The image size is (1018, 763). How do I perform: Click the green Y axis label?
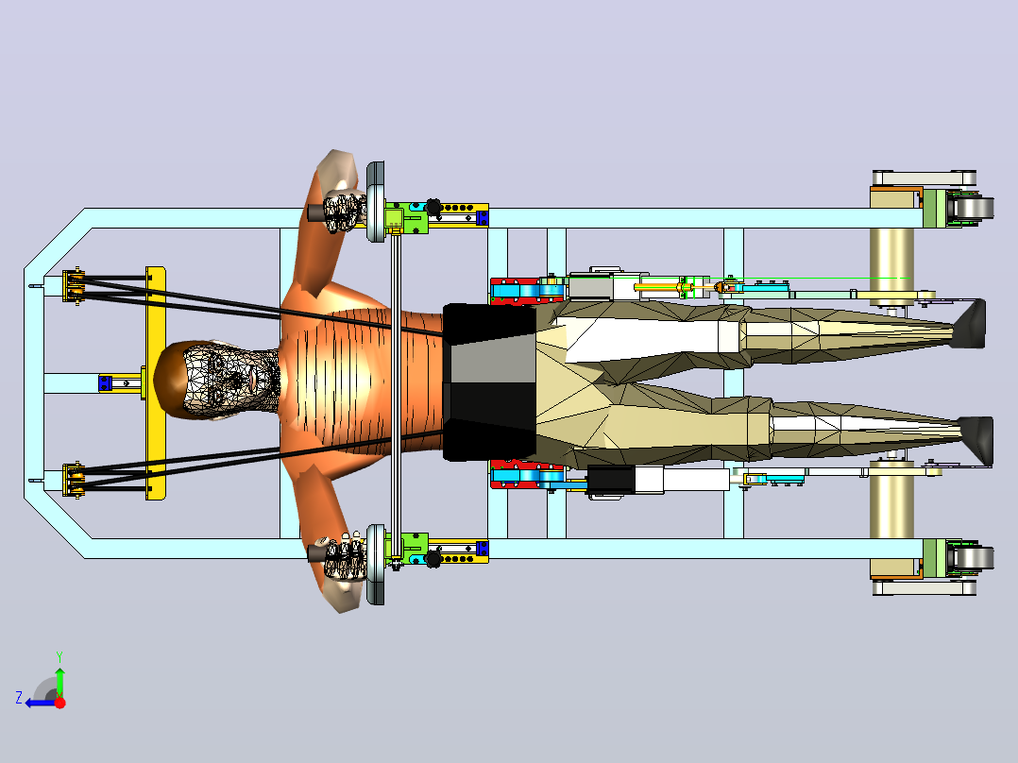coord(59,656)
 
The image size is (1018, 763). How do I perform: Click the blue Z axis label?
coord(19,698)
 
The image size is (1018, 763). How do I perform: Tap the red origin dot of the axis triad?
coord(59,703)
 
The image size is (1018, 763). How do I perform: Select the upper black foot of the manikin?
coord(970,324)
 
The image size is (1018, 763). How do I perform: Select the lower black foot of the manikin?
coord(976,442)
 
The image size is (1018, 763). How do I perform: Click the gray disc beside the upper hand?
coord(375,202)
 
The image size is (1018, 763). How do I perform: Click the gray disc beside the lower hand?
coord(375,565)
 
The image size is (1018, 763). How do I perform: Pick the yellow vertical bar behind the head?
coord(155,383)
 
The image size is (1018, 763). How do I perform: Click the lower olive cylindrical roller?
coord(891,500)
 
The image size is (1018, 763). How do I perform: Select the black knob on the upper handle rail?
coord(433,208)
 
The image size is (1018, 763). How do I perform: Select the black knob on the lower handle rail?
coord(433,558)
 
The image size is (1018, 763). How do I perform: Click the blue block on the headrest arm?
coord(105,383)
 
